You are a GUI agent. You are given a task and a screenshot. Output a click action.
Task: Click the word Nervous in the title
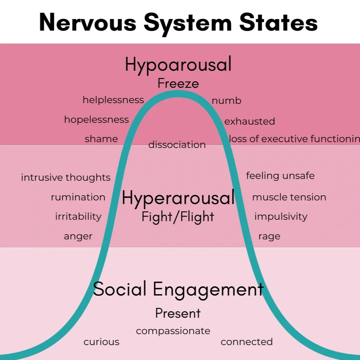click(x=87, y=23)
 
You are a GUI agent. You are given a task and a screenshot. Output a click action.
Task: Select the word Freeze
click(x=178, y=84)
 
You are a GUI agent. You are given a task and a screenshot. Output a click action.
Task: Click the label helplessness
click(x=113, y=100)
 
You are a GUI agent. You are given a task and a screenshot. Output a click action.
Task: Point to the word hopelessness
click(x=96, y=120)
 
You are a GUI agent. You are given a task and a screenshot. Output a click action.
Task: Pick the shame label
click(x=101, y=139)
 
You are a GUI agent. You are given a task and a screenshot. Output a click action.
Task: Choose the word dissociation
click(x=177, y=145)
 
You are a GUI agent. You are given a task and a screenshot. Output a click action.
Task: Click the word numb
click(x=226, y=101)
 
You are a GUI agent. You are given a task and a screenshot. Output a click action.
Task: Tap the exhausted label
click(x=250, y=121)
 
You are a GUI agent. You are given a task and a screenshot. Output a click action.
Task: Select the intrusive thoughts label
click(x=66, y=177)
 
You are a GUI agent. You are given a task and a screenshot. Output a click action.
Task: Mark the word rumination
click(x=78, y=197)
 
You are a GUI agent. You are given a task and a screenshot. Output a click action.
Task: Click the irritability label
click(x=78, y=216)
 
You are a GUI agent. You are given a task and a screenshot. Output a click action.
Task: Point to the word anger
click(x=78, y=236)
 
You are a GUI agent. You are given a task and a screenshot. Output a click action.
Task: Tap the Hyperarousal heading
click(x=178, y=198)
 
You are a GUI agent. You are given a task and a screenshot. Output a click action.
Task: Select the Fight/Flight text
click(x=178, y=217)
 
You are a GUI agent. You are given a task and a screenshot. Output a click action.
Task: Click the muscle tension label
click(x=289, y=197)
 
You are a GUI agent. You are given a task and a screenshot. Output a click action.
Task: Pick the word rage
click(x=269, y=236)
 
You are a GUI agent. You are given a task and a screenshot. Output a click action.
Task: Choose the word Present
click(x=178, y=313)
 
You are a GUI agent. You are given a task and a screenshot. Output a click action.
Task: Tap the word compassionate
click(x=173, y=331)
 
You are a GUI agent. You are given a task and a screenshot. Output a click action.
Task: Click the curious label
click(x=101, y=342)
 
